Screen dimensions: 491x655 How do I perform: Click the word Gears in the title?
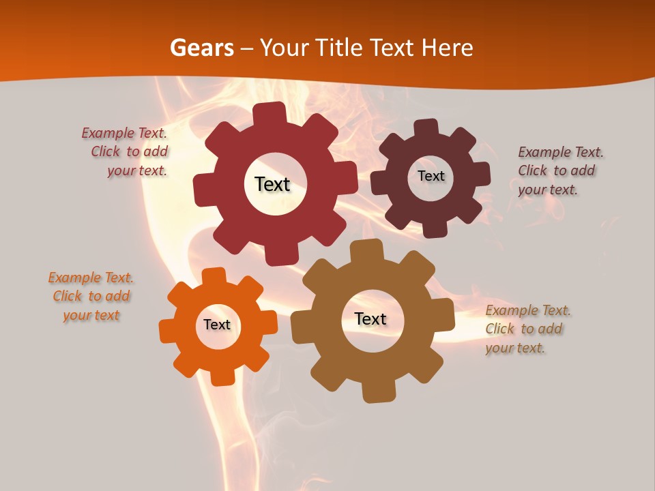tap(201, 48)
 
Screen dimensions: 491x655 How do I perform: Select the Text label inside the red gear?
tap(272, 184)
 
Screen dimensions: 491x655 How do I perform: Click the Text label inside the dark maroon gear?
tap(431, 176)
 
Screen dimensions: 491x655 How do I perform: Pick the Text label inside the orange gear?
tap(217, 325)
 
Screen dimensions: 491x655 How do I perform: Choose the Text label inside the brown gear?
tap(370, 318)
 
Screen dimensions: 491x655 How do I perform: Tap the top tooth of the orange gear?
tap(214, 277)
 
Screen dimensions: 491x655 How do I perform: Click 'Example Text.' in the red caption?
tap(124, 133)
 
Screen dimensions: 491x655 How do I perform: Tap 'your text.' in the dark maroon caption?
tap(547, 190)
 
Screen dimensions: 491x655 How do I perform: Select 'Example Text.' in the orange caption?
tap(91, 278)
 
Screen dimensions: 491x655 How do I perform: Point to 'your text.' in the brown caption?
tap(515, 348)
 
